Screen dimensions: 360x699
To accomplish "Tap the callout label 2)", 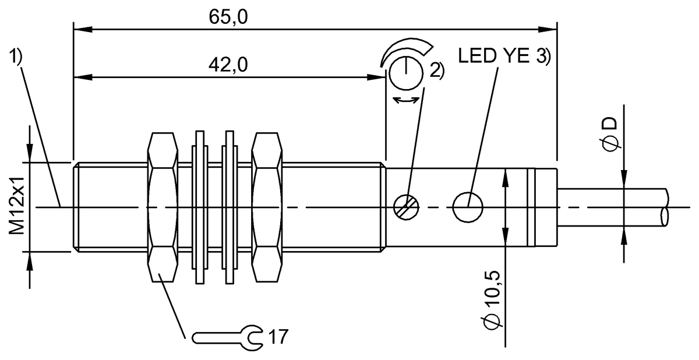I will pyautogui.click(x=436, y=70).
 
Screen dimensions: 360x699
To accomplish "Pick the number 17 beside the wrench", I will pyautogui.click(x=278, y=336).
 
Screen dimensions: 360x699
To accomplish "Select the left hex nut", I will pyautogui.click(x=163, y=207).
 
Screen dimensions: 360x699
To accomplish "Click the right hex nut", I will pyautogui.click(x=267, y=207).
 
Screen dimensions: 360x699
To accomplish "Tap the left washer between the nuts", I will pyautogui.click(x=199, y=207).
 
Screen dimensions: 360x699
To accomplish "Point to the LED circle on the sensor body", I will pyautogui.click(x=468, y=207).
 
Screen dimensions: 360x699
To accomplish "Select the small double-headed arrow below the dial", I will pyautogui.click(x=407, y=101).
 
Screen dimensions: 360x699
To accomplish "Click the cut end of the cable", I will pyautogui.click(x=665, y=207).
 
